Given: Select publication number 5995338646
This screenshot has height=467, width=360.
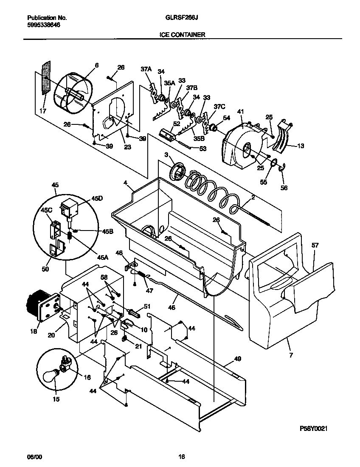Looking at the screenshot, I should pos(43,25).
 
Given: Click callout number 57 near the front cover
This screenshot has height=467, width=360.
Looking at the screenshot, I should pos(315,246).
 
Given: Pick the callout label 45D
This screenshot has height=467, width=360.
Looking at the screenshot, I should pos(97,197).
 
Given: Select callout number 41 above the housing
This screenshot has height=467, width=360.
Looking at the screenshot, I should pos(241,112).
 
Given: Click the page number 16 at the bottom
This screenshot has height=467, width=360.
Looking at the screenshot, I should pos(181,457).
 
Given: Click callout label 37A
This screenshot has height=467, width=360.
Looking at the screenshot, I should pos(146,69).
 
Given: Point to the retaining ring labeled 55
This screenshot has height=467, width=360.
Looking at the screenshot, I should pos(273,162).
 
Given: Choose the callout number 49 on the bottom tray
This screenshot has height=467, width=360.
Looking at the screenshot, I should pos(237,359).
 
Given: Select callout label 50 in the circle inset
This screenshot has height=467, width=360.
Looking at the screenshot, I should pos(45,269).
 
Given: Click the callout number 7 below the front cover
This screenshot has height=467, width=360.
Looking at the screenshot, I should pos(291,355).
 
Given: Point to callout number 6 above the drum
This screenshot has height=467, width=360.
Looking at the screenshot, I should pos(96,65).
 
